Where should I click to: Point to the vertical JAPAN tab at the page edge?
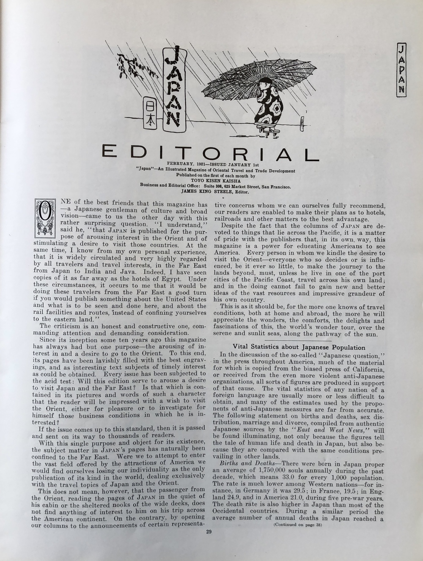click(x=401, y=69)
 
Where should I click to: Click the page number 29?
click(x=209, y=532)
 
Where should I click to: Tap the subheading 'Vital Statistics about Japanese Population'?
click(x=299, y=347)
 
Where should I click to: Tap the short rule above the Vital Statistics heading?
click(x=298, y=340)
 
